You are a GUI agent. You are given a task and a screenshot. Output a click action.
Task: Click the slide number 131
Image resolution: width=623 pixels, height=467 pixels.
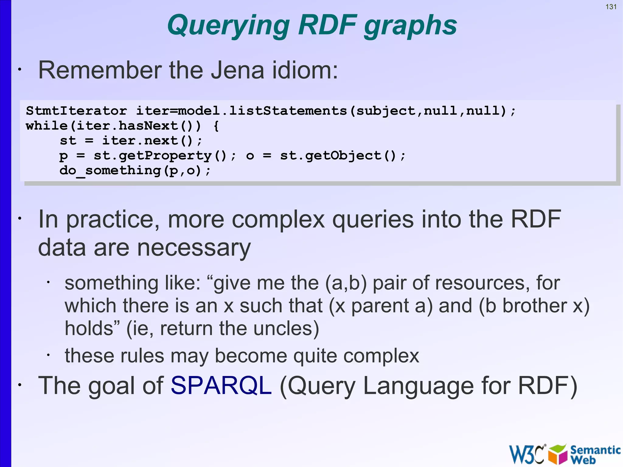point(611,7)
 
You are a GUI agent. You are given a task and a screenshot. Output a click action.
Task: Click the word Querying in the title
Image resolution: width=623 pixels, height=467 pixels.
point(228,26)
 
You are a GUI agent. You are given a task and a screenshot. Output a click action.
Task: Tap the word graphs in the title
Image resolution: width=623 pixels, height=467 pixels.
point(410,26)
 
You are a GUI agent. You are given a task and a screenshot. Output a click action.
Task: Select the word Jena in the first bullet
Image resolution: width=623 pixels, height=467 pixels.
point(238,70)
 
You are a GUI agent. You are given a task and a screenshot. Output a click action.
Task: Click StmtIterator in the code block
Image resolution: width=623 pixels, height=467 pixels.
point(76,111)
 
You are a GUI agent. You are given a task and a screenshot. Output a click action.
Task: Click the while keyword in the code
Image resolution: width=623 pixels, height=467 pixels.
point(47,126)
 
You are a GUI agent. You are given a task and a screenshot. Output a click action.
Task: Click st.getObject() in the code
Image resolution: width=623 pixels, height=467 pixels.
point(343,156)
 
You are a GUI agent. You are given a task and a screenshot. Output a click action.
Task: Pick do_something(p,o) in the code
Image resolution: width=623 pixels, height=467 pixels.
point(134,171)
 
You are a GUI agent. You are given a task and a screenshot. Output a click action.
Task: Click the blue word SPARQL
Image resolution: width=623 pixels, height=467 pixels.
point(221,386)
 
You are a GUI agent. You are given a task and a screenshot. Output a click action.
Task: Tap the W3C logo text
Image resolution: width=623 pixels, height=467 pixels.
point(526,454)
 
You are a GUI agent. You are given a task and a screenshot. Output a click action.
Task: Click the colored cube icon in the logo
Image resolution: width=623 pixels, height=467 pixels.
point(558,454)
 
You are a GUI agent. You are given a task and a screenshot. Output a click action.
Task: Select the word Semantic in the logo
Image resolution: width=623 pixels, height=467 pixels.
point(595,450)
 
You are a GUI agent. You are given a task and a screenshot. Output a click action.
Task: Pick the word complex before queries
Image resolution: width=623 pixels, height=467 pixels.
point(278,220)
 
